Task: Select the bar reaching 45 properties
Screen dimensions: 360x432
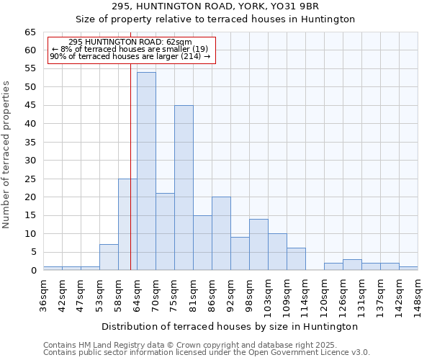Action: pyautogui.click(x=184, y=188)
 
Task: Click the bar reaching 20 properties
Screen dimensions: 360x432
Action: pyautogui.click(x=221, y=233)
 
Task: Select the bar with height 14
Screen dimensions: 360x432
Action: pyautogui.click(x=258, y=245)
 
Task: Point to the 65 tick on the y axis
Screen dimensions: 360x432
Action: pyautogui.click(x=30, y=32)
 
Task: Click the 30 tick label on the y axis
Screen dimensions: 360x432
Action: pyautogui.click(x=30, y=161)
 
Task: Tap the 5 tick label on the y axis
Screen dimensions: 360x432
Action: pyautogui.click(x=33, y=252)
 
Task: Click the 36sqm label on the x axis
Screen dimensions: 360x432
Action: pyautogui.click(x=44, y=294)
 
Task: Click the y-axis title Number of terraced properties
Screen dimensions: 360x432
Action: pyautogui.click(x=7, y=155)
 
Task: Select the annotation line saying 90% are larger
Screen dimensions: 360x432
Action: pyautogui.click(x=130, y=56)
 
